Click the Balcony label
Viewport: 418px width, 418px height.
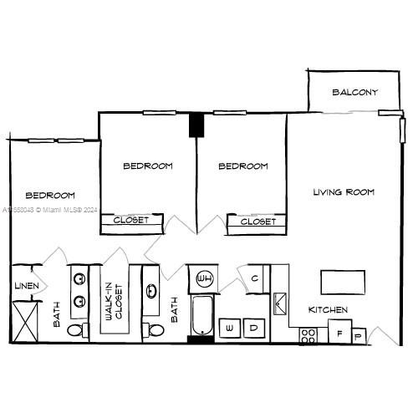354,92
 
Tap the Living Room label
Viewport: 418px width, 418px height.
344,192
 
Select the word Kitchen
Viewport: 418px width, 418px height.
328,310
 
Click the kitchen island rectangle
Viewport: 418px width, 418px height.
343,282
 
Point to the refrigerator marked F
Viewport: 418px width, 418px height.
339,332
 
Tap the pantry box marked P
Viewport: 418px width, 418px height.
359,336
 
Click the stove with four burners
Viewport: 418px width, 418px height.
308,335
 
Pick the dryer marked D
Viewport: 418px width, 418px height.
254,329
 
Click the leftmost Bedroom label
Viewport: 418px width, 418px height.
49,194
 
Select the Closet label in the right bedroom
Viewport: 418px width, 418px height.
258,222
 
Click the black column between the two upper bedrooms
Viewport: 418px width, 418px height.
196,125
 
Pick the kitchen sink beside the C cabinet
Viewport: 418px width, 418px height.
280,302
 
